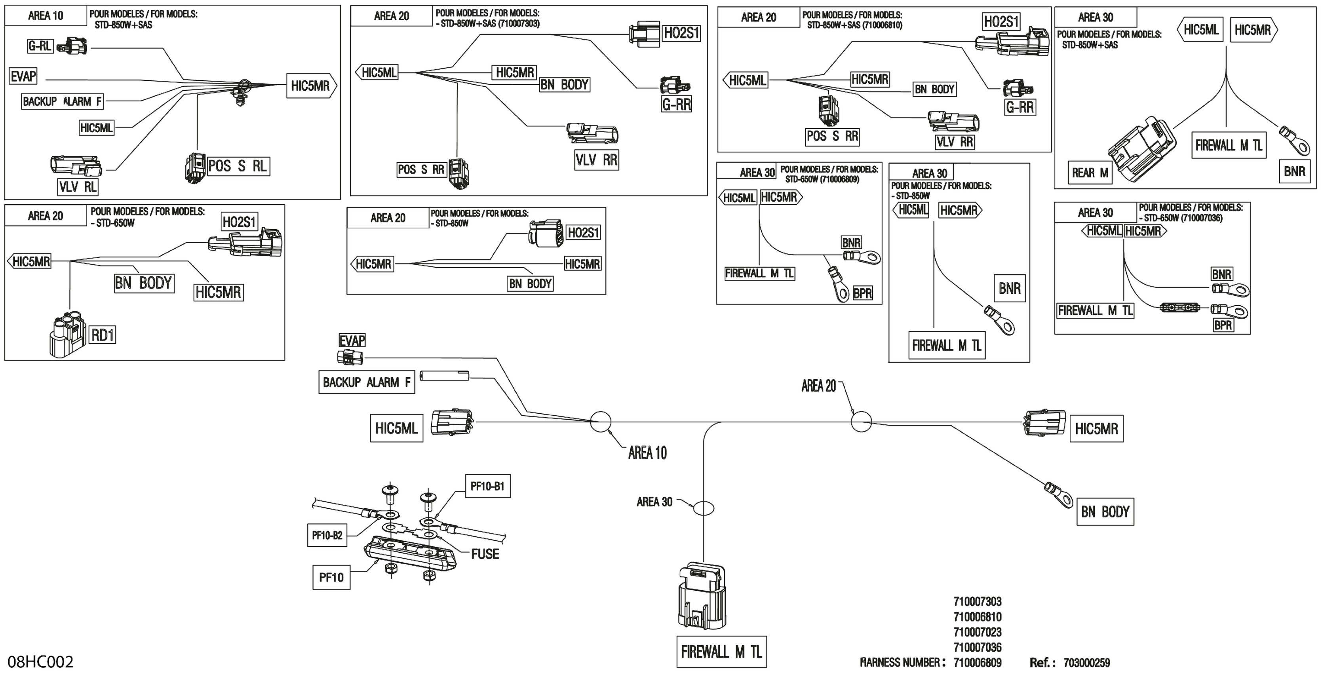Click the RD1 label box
pyautogui.click(x=103, y=335)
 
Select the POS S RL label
pyautogui.click(x=238, y=166)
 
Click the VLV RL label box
pyautogui.click(x=78, y=187)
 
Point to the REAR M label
pyautogui.click(x=1090, y=173)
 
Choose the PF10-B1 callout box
pyautogui.click(x=487, y=486)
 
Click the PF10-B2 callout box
pyautogui.click(x=327, y=536)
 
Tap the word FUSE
pyautogui.click(x=485, y=554)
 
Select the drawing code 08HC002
pyautogui.click(x=40, y=662)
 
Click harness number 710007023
pyautogui.click(x=977, y=632)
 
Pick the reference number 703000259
pyautogui.click(x=1086, y=663)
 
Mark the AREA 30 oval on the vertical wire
pyautogui.click(x=703, y=508)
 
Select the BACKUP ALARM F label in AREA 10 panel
pyautogui.click(x=62, y=102)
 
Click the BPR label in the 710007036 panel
pyautogui.click(x=1223, y=325)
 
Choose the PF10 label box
pyautogui.click(x=331, y=578)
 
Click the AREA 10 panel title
pyautogui.click(x=46, y=16)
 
